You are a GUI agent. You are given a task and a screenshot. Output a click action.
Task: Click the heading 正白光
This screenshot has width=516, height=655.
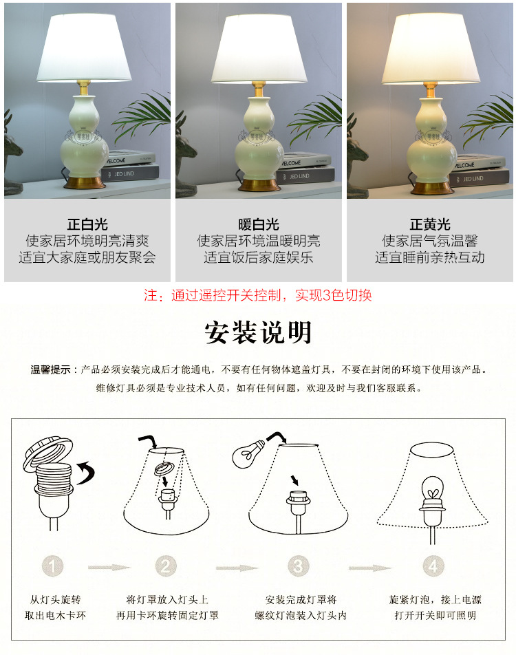click(87, 224)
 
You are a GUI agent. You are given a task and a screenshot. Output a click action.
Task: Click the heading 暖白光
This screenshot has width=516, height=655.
click(259, 224)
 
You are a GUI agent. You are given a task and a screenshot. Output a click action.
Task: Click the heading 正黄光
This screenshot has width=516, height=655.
click(430, 224)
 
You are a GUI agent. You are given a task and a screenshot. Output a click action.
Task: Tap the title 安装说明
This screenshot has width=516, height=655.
click(258, 332)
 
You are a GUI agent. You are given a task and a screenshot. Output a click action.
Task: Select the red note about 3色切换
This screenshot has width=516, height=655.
click(258, 296)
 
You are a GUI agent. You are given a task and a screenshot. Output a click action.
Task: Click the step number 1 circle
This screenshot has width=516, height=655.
click(54, 567)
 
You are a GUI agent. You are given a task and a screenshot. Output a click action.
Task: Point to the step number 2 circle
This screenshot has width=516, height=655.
click(165, 567)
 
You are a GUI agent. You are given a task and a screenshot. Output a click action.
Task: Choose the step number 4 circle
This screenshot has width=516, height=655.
click(432, 567)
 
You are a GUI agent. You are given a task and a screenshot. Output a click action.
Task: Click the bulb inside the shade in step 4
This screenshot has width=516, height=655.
click(432, 490)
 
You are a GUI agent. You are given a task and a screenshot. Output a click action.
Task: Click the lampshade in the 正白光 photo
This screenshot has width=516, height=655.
click(87, 45)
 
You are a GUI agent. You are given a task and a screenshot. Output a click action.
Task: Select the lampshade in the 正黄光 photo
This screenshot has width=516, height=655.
click(430, 45)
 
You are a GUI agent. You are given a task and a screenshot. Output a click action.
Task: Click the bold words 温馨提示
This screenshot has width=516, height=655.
click(50, 369)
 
